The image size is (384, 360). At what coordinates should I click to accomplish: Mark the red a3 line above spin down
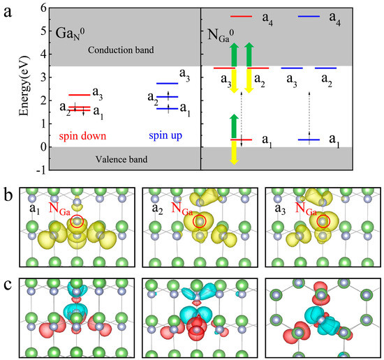point(79,95)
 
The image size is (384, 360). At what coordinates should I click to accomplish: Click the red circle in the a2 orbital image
point(200,222)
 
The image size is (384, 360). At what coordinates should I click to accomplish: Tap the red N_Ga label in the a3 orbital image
point(309,207)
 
